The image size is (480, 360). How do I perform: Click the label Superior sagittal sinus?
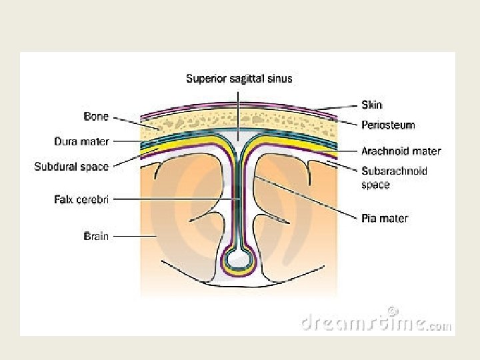(x=239, y=79)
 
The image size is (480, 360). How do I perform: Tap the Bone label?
(x=96, y=116)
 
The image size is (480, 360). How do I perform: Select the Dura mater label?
(x=81, y=141)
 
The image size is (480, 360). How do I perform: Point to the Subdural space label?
(x=71, y=167)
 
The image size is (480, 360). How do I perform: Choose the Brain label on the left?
(x=96, y=235)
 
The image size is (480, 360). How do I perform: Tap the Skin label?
(x=372, y=105)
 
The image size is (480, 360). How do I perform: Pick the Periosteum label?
(x=387, y=125)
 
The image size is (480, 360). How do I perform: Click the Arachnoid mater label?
(x=401, y=151)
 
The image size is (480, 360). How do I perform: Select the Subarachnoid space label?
(x=394, y=171)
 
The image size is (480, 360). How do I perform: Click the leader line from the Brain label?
(x=133, y=235)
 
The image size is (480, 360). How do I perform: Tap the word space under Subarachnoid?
(x=375, y=184)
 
